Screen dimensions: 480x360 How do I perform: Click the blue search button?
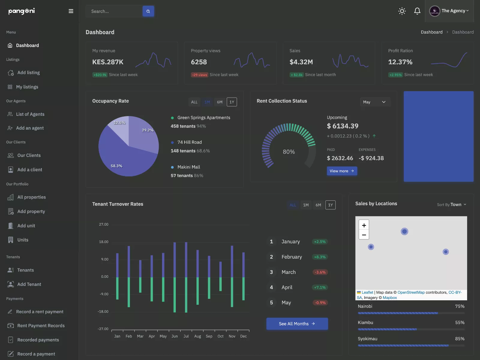(148, 11)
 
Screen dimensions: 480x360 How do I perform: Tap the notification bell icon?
(417, 11)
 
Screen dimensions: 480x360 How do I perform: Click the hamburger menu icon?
(71, 11)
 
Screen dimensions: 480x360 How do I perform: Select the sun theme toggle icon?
(402, 11)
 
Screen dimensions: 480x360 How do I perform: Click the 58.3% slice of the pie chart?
(122, 160)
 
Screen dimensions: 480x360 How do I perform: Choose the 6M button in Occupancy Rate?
(220, 102)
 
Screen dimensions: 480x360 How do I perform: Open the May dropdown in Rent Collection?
(375, 102)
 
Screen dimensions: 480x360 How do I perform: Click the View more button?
(342, 171)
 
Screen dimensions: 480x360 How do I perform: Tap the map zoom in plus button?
(364, 225)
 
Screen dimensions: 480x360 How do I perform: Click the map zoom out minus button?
(364, 235)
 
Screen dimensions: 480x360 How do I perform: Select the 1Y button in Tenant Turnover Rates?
(330, 205)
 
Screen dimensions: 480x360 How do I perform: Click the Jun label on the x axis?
(175, 336)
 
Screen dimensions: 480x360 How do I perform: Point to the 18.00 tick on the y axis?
(104, 242)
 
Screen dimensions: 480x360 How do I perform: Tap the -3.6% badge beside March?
(320, 272)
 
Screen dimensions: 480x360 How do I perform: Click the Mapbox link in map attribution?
(390, 298)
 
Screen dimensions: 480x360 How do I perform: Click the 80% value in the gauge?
(289, 152)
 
